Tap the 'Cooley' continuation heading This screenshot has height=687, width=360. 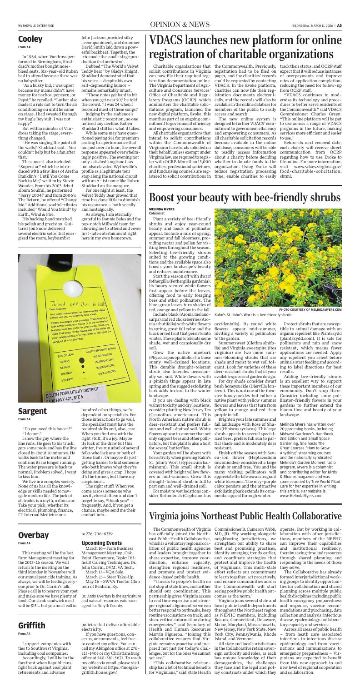click(x=30, y=40)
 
